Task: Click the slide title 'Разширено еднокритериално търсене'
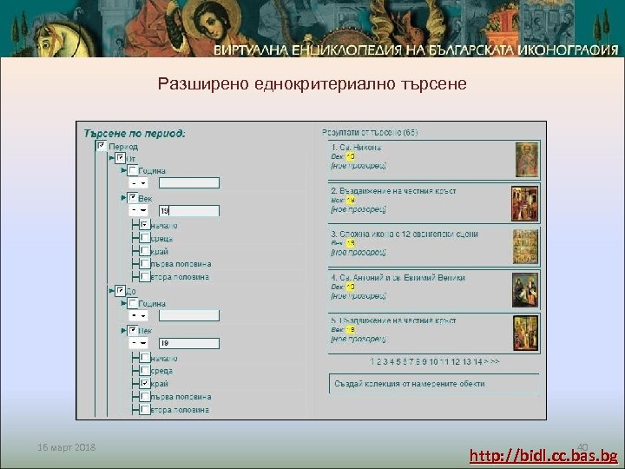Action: tap(312, 84)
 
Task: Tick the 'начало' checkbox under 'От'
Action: tap(144, 226)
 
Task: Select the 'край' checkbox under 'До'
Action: tap(144, 383)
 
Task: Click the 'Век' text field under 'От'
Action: tap(189, 210)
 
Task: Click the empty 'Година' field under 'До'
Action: tap(189, 317)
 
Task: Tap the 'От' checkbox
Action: tap(120, 158)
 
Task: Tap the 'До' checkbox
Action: tap(120, 291)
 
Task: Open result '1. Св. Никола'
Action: tap(356, 147)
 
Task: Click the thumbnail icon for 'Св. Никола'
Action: tap(526, 157)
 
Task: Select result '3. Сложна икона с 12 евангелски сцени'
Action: tap(404, 234)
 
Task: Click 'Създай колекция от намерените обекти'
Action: tap(409, 383)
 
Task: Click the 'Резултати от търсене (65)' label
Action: tap(370, 132)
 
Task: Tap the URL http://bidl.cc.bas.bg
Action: tap(543, 455)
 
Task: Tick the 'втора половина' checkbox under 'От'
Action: tap(144, 277)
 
